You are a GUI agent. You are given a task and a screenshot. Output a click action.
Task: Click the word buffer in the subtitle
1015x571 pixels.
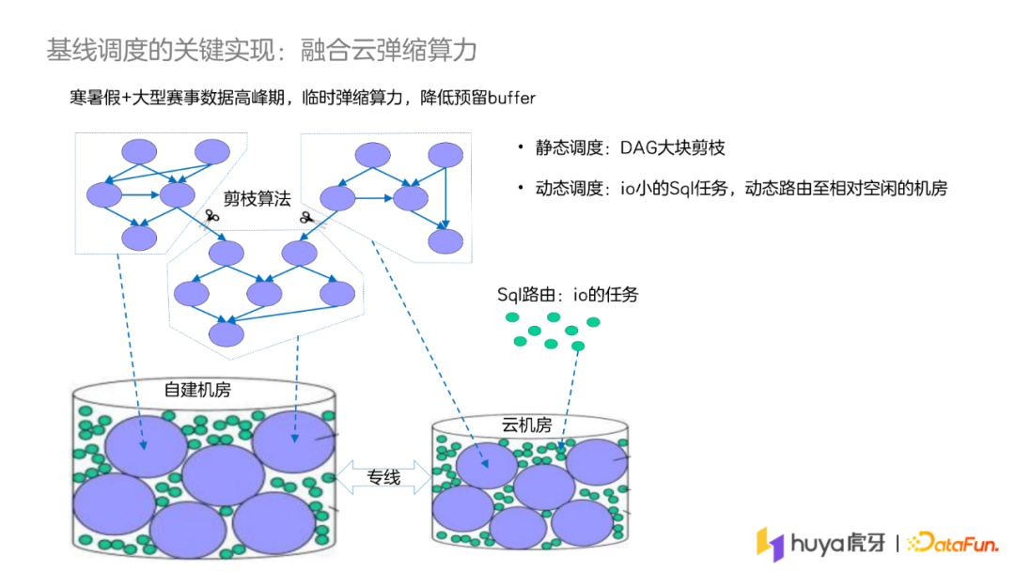pyautogui.click(x=510, y=99)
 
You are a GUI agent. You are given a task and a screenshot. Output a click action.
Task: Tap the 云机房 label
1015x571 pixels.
pyautogui.click(x=526, y=425)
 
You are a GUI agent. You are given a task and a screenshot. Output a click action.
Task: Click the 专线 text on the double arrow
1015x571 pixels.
pyautogui.click(x=383, y=477)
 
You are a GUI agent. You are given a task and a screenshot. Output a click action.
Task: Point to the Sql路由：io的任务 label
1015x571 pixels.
pyautogui.click(x=568, y=295)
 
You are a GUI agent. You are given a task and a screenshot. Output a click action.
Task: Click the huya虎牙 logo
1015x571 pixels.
pyautogui.click(x=821, y=544)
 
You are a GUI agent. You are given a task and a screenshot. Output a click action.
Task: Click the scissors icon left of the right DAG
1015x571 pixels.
pyautogui.click(x=306, y=218)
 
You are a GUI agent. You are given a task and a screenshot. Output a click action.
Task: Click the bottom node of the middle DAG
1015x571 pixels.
pyautogui.click(x=226, y=333)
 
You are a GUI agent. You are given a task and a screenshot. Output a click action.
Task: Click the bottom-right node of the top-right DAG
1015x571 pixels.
pyautogui.click(x=445, y=240)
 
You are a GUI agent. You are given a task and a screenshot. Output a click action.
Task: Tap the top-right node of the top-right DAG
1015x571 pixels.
pyautogui.click(x=445, y=155)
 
